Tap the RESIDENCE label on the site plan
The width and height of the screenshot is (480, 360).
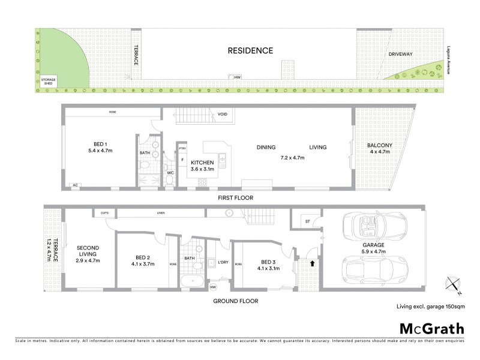pyautogui.click(x=250, y=51)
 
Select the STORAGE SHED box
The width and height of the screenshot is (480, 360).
pyautogui.click(x=46, y=82)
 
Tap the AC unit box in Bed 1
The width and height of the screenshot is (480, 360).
pyautogui.click(x=74, y=185)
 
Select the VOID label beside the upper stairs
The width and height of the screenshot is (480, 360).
pyautogui.click(x=223, y=114)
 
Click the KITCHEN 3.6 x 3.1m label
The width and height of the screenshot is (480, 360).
pyautogui.click(x=202, y=166)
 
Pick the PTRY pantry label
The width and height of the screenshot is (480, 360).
pyautogui.click(x=181, y=148)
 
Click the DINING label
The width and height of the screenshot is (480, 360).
pyautogui.click(x=265, y=148)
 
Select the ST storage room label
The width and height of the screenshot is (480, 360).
pyautogui.click(x=307, y=221)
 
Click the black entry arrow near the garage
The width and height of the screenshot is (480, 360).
pyautogui.click(x=311, y=262)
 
